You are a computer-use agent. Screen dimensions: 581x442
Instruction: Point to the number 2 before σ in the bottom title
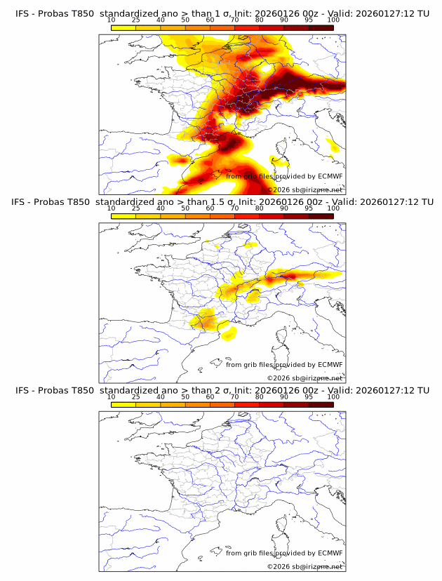click(x=213, y=390)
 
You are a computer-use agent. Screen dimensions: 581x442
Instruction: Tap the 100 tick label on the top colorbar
click(x=333, y=21)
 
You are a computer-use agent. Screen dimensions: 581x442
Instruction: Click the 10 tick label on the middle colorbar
click(x=112, y=209)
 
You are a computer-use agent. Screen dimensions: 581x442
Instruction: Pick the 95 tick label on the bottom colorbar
click(x=309, y=397)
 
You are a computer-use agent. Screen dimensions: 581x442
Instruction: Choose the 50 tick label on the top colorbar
click(x=185, y=21)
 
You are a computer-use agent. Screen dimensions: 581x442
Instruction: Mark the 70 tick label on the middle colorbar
click(x=235, y=209)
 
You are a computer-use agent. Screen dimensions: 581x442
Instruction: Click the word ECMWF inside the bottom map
click(x=330, y=553)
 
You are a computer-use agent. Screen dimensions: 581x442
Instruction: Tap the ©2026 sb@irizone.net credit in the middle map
click(x=304, y=378)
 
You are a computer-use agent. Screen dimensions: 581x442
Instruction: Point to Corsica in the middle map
click(x=283, y=341)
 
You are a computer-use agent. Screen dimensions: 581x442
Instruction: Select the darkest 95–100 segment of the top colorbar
click(x=321, y=28)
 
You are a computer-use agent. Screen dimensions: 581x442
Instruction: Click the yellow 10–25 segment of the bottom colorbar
click(x=123, y=404)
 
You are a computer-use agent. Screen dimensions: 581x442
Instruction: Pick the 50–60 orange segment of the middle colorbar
click(x=198, y=216)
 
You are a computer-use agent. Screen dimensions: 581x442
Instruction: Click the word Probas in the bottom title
click(x=50, y=390)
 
